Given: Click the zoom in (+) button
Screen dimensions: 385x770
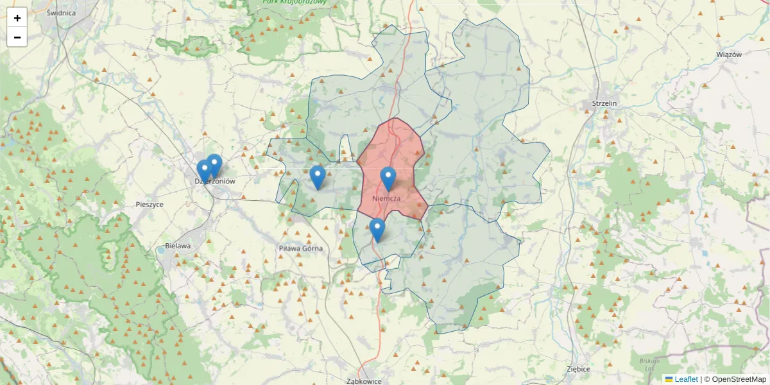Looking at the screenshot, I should point(17,18).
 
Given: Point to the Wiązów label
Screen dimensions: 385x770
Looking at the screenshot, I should point(728,55).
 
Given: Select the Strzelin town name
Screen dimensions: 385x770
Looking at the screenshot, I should point(604,103).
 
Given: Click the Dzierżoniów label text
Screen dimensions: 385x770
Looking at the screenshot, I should point(215,182).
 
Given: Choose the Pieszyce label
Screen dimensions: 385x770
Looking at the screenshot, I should point(150,205).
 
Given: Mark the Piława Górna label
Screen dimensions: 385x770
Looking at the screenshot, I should point(300,248).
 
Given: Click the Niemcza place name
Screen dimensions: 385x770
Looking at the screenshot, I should point(386,198).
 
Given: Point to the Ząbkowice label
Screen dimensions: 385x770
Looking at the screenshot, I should point(364,381).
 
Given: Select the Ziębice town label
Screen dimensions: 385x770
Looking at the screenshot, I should point(578,369).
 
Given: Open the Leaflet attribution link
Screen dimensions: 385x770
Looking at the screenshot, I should point(686,379).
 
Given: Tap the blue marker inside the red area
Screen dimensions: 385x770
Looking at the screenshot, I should point(388,178).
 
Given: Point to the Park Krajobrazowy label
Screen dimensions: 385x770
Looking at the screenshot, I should point(295,2).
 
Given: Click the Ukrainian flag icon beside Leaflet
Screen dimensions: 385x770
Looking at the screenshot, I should point(669,379).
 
